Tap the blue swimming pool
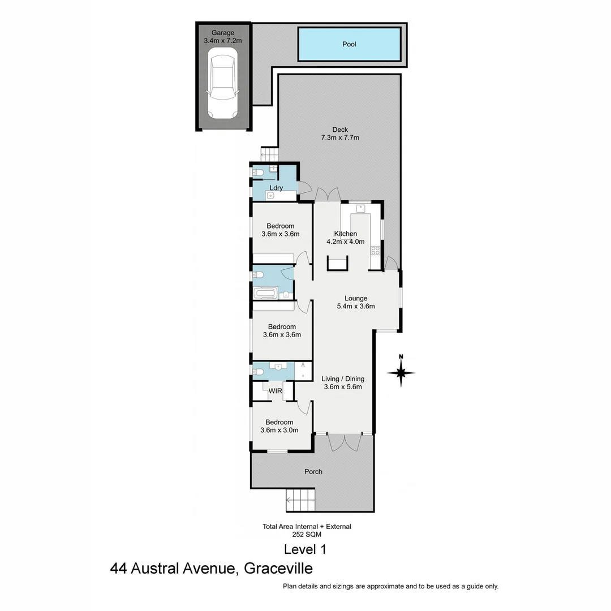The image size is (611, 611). pos(349,44)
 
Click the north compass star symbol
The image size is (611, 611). pos(401,373)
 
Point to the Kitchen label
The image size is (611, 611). pos(345,234)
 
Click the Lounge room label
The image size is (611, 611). pos(356,298)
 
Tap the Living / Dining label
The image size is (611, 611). pos(343,379)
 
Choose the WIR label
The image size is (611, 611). pos(275,391)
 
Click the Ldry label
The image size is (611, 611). pos(276,188)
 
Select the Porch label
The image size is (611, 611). pos(313,471)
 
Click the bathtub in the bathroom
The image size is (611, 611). pos(265,294)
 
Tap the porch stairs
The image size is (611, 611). pos(301,500)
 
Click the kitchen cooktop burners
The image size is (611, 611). pos(375,251)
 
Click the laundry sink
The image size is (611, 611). pos(270,196)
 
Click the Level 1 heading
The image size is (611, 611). pos(305,549)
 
